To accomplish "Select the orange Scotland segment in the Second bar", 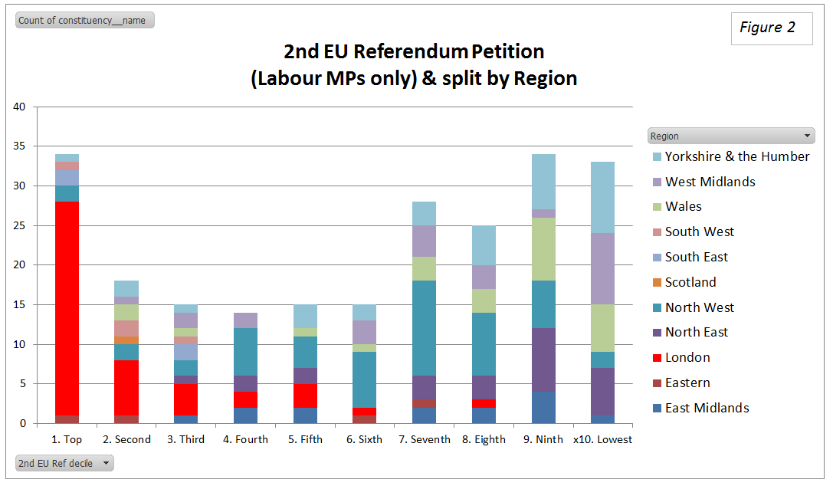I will pos(126,340).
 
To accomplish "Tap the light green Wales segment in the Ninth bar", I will pos(543,249).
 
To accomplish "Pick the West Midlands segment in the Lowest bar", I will pos(602,268).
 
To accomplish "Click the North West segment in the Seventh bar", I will pos(424,328).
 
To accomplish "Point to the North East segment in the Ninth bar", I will pos(543,360).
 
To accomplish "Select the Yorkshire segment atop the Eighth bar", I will pos(484,245).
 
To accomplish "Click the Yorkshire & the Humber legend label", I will pos(736,156).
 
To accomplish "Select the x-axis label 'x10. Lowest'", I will pos(602,440).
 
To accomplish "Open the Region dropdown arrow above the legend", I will pos(808,136).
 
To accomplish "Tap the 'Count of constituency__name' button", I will pos(84,21).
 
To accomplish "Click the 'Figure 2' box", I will pos(771,28).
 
